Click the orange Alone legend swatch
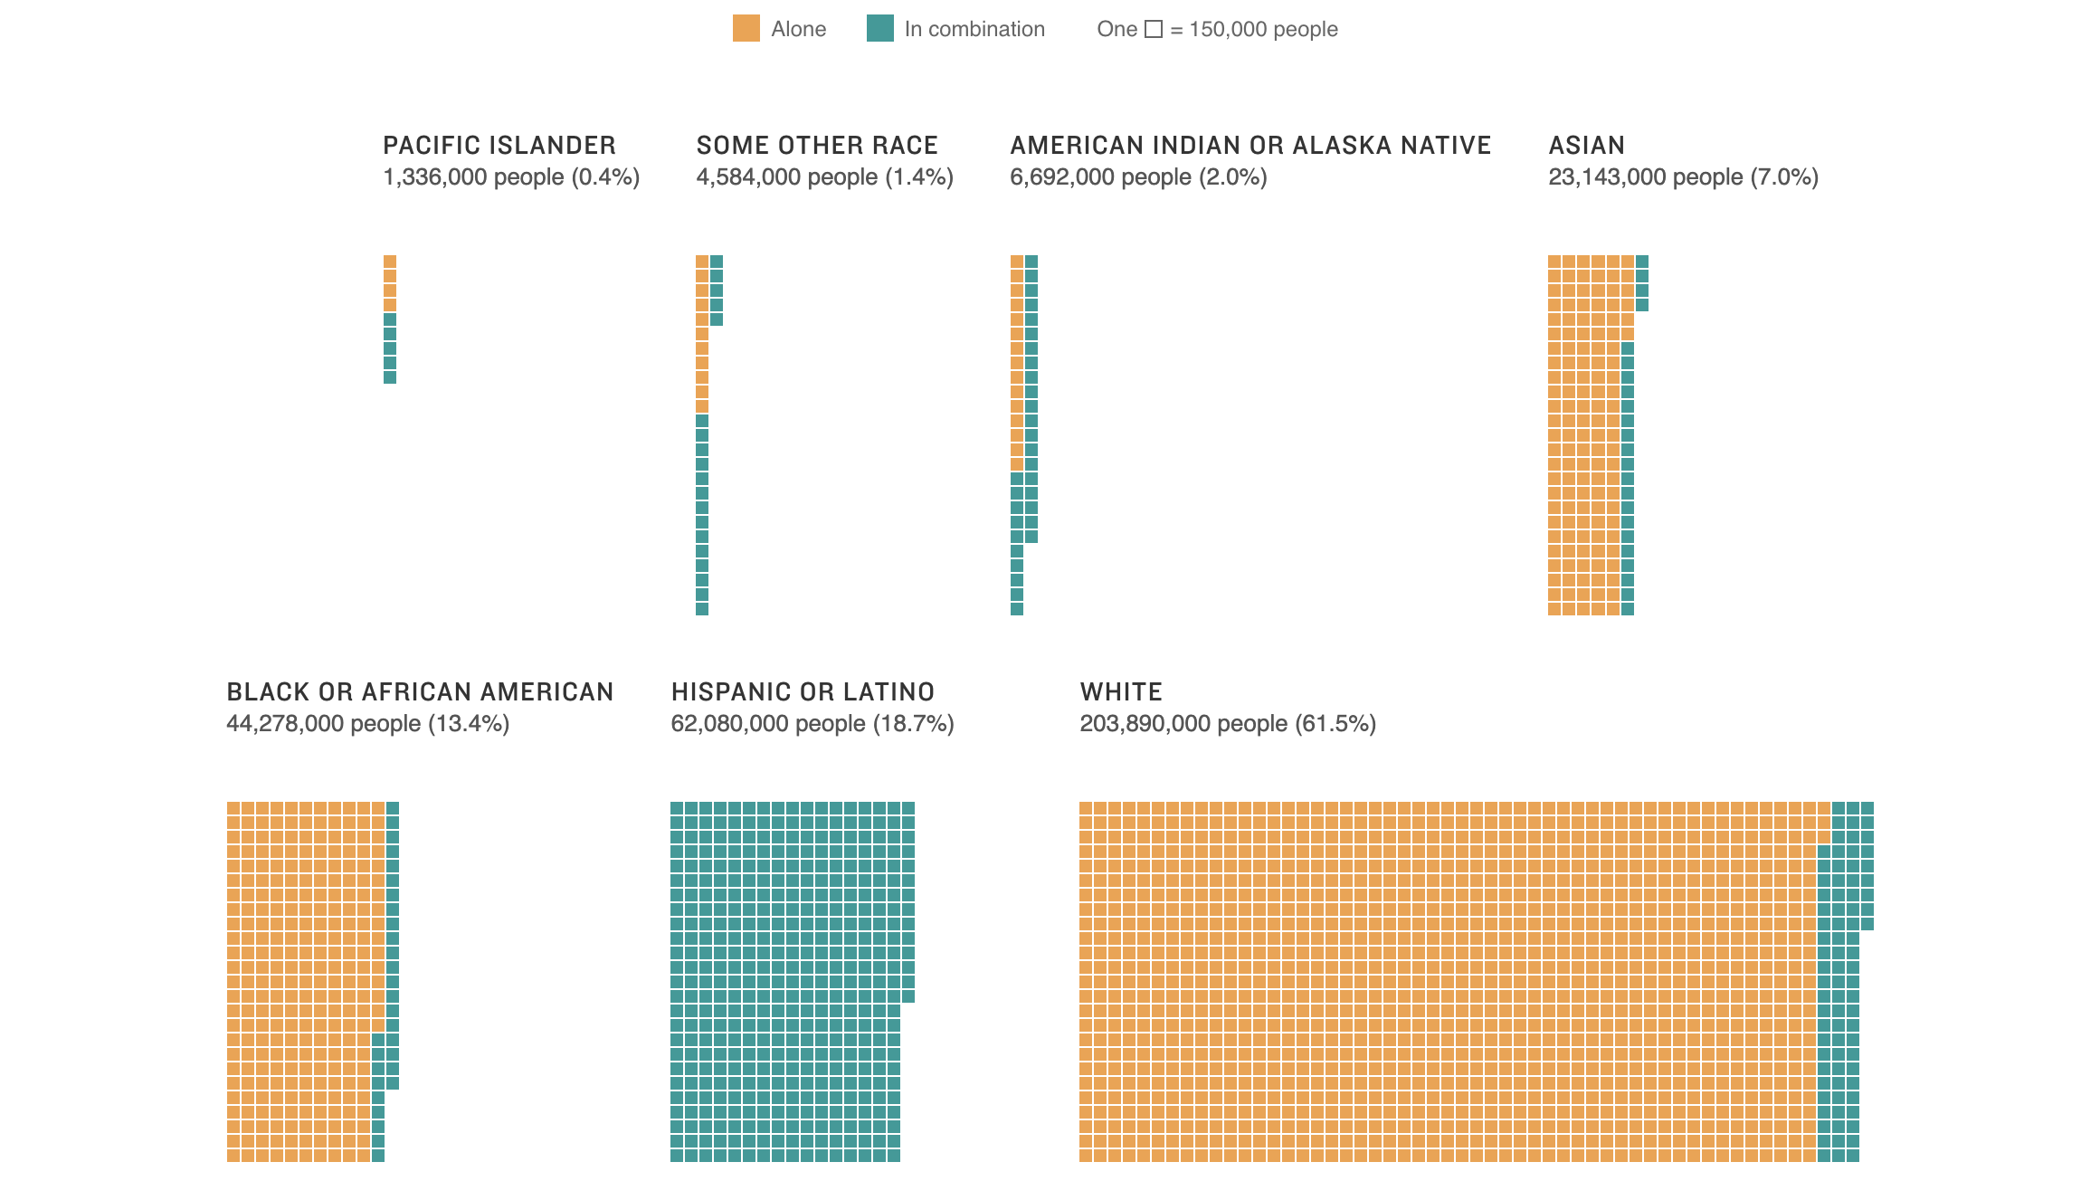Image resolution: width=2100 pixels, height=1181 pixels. [x=746, y=28]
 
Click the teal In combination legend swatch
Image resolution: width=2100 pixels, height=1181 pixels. [x=879, y=28]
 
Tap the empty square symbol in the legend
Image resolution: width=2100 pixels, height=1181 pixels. [x=1153, y=29]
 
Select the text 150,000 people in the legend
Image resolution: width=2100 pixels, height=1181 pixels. [x=1263, y=29]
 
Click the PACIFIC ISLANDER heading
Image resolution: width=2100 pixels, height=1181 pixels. [x=499, y=145]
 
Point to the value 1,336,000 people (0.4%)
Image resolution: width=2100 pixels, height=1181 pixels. [x=510, y=176]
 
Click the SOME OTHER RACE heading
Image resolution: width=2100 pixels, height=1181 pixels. [x=816, y=145]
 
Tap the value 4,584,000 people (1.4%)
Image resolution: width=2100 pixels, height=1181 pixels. [x=824, y=176]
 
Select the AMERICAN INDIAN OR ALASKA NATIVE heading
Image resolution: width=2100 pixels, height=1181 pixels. [x=1250, y=145]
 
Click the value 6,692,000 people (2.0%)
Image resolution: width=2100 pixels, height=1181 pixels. [x=1137, y=176]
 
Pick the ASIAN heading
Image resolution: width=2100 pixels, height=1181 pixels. [x=1586, y=145]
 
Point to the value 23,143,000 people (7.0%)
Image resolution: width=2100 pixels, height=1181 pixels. [x=1683, y=176]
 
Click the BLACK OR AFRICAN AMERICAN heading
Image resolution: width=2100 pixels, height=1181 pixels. [x=420, y=691]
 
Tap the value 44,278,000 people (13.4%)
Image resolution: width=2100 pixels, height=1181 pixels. [x=367, y=723]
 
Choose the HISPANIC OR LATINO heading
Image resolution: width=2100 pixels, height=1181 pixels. [x=803, y=691]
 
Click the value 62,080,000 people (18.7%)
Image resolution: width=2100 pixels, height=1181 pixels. [x=812, y=723]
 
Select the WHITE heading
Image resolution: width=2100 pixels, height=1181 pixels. [x=1120, y=691]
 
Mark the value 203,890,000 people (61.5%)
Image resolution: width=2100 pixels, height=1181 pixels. [x=1227, y=723]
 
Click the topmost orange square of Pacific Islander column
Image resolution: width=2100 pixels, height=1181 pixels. [x=390, y=262]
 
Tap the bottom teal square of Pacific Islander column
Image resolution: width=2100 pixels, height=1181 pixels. [x=390, y=377]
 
